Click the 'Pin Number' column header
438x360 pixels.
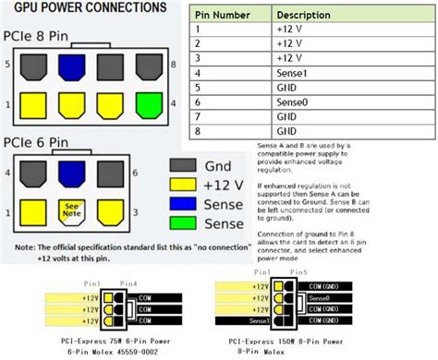(x=222, y=17)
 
